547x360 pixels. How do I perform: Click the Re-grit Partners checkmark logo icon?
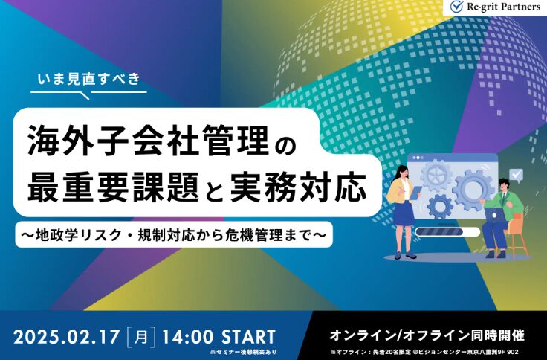point(456,6)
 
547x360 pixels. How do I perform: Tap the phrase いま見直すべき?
point(88,79)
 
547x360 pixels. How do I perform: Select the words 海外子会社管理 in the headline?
point(149,141)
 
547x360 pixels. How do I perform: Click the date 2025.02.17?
point(66,338)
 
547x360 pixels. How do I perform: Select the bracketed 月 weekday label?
point(141,338)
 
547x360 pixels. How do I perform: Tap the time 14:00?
point(188,338)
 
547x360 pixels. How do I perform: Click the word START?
point(249,338)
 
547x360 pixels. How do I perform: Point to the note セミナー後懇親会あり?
point(243,353)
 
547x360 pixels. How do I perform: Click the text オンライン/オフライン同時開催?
point(427,335)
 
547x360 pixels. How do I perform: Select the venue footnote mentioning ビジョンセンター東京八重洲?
point(424,352)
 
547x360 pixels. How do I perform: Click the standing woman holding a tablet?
point(404,212)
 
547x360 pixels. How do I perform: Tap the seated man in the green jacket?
point(502,218)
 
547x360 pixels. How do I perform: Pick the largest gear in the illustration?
point(473,189)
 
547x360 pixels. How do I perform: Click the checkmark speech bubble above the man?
point(516,175)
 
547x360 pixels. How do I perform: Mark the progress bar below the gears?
point(448,231)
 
